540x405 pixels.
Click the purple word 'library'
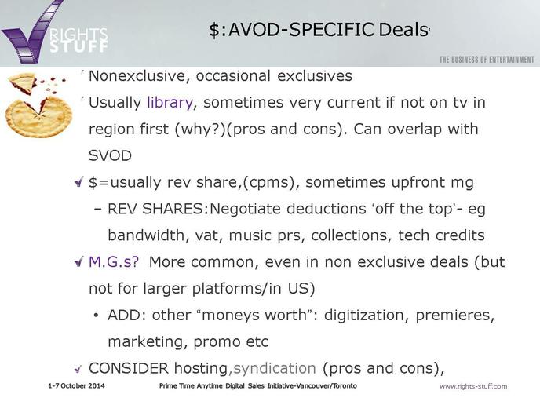tap(170, 103)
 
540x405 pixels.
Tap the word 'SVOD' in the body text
tap(110, 155)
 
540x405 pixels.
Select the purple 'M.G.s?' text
tap(114, 262)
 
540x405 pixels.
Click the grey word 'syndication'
tap(275, 369)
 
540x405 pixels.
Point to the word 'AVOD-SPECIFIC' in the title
tap(301, 29)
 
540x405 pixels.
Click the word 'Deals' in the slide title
tap(403, 29)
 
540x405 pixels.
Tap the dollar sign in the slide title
tap(213, 30)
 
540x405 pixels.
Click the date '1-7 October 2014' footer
tap(76, 385)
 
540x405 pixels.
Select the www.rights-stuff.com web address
tap(473, 386)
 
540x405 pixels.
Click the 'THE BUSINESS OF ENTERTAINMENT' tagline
tap(487, 60)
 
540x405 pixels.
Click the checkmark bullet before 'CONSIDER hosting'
tap(78, 369)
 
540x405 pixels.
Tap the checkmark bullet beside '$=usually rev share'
tap(79, 182)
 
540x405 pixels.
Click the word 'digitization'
tap(366, 316)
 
